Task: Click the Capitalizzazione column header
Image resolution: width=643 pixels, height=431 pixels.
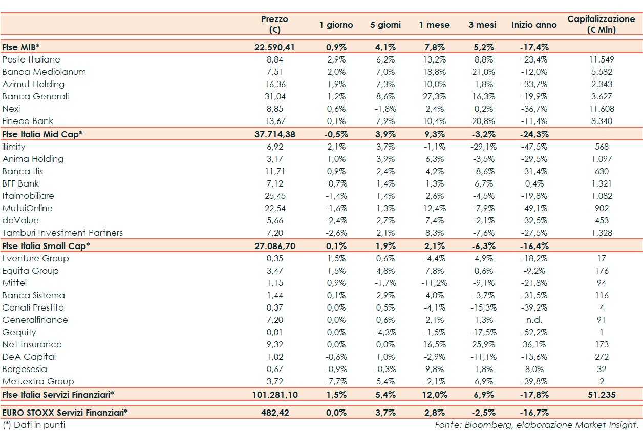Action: [x=601, y=24]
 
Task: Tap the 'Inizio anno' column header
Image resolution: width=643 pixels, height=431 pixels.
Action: [x=534, y=25]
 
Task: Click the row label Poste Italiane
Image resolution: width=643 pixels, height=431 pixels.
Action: [x=31, y=59]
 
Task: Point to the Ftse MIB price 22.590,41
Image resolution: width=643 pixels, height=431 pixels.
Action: [x=274, y=47]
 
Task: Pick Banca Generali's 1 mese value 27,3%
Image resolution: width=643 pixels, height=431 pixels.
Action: [x=435, y=96]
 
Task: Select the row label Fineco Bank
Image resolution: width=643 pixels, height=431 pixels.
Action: [x=28, y=121]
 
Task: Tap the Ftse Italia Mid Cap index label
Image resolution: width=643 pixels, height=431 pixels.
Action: [x=42, y=134]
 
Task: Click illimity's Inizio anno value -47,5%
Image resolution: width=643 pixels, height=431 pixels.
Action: [x=534, y=147]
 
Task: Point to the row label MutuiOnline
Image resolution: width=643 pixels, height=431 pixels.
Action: [x=27, y=208]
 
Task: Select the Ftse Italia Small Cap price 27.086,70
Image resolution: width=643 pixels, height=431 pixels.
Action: [x=274, y=245]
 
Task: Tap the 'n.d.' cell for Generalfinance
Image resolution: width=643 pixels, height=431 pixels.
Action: [x=534, y=320]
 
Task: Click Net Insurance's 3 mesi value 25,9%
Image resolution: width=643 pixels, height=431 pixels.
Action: [x=482, y=344]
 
